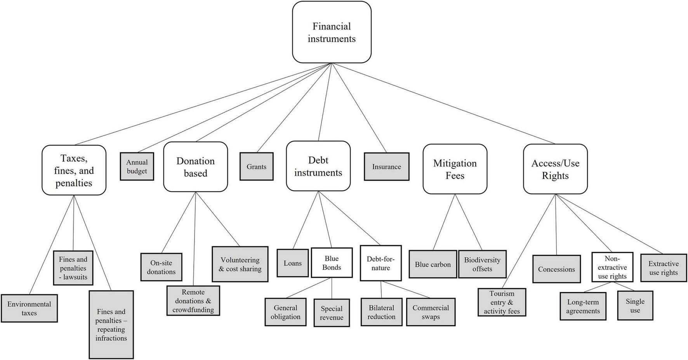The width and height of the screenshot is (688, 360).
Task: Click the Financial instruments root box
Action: pyautogui.click(x=332, y=32)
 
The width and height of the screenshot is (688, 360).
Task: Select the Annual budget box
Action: pyautogui.click(x=137, y=167)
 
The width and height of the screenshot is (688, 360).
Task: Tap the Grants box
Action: pyautogui.click(x=256, y=167)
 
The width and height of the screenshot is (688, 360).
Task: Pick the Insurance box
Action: pyautogui.click(x=386, y=167)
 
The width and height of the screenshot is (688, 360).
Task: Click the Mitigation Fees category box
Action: pyautogui.click(x=455, y=169)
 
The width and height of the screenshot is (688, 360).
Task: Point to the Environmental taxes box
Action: pyautogui.click(x=29, y=308)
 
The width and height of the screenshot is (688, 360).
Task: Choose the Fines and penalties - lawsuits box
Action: pyautogui.click(x=73, y=268)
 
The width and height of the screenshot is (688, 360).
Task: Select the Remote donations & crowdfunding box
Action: pyautogui.click(x=193, y=301)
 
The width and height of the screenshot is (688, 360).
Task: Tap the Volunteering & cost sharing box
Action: pyautogui.click(x=240, y=264)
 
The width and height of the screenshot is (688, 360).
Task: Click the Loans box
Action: pyautogui.click(x=292, y=263)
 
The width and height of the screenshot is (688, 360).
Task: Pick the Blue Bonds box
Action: pyautogui.click(x=332, y=263)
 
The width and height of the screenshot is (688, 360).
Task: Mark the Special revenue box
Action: pyautogui.click(x=332, y=313)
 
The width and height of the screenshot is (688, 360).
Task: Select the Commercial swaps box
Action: pyautogui.click(x=431, y=312)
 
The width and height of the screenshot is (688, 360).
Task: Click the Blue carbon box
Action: pyautogui.click(x=433, y=264)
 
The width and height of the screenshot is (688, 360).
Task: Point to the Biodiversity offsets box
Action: pyautogui.click(x=482, y=264)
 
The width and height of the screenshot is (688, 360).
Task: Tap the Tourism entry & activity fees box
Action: pyautogui.click(x=502, y=302)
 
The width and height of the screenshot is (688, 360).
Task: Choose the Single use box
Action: pyautogui.click(x=635, y=306)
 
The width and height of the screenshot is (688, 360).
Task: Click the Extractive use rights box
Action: pyautogui.click(x=663, y=268)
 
